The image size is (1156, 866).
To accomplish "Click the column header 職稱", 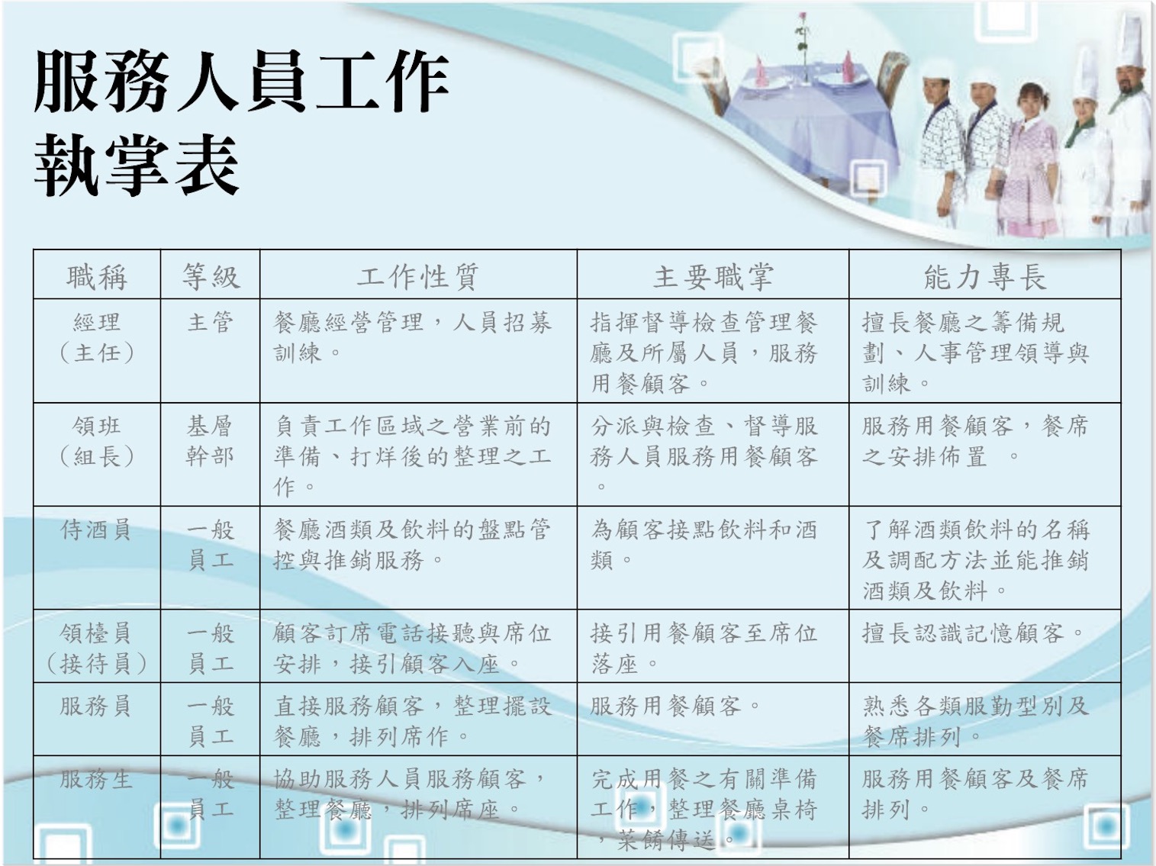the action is click(x=97, y=278).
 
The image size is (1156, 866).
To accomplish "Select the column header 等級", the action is click(x=211, y=277).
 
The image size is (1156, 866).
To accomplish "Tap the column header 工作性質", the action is click(x=418, y=277).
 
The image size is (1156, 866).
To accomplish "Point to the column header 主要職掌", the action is click(x=713, y=277).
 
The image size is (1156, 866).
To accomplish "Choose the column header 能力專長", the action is click(x=985, y=277).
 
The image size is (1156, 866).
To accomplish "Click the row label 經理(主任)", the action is click(x=97, y=337).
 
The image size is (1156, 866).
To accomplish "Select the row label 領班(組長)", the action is click(x=97, y=441).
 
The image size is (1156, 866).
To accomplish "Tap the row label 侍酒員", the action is click(x=96, y=530).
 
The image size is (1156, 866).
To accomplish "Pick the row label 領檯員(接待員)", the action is click(x=96, y=649).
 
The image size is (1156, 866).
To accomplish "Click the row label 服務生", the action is click(x=96, y=779).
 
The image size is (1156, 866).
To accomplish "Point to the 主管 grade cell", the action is click(x=210, y=322).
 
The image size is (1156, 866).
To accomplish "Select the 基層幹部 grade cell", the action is click(x=210, y=441).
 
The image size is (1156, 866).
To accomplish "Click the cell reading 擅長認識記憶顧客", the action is click(x=973, y=633).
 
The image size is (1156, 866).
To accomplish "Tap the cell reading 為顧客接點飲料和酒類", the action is click(x=704, y=545).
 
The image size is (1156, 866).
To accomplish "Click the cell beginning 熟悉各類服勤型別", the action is click(x=975, y=721).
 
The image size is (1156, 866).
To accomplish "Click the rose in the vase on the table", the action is click(x=802, y=24).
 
